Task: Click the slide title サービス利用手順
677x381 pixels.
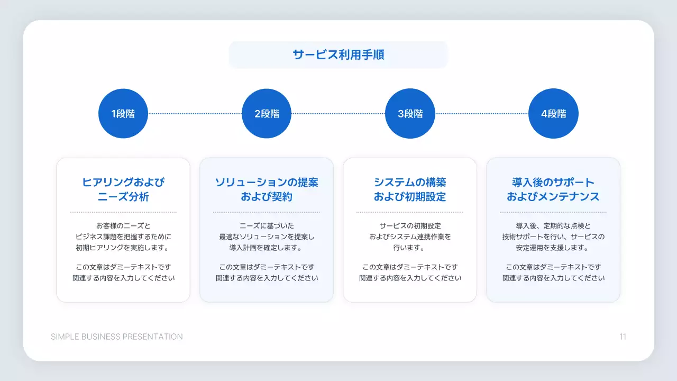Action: [338, 55]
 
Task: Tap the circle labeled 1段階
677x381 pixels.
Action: [123, 114]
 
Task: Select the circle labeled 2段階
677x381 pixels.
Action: [267, 114]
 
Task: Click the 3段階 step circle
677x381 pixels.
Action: [410, 114]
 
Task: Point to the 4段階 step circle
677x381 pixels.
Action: [553, 114]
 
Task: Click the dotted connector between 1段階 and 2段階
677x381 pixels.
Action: [195, 114]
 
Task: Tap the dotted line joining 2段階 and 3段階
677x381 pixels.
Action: [338, 114]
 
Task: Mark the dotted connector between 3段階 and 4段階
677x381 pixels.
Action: [482, 114]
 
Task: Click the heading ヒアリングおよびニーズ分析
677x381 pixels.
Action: [123, 189]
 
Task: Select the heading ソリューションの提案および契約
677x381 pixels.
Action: [267, 189]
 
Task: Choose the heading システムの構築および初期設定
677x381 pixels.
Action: [410, 189]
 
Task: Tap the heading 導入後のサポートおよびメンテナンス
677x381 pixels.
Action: [553, 189]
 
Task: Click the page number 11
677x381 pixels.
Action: [623, 337]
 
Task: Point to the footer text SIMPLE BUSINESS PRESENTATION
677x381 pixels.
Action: [117, 337]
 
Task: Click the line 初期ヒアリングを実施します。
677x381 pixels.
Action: [123, 248]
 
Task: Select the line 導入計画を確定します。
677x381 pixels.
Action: [267, 248]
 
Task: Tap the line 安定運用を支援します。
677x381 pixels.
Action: [553, 248]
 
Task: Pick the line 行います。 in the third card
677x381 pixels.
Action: [410, 248]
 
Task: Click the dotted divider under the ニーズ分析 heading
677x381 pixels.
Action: [123, 212]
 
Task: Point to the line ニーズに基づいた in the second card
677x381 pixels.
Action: [267, 225]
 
